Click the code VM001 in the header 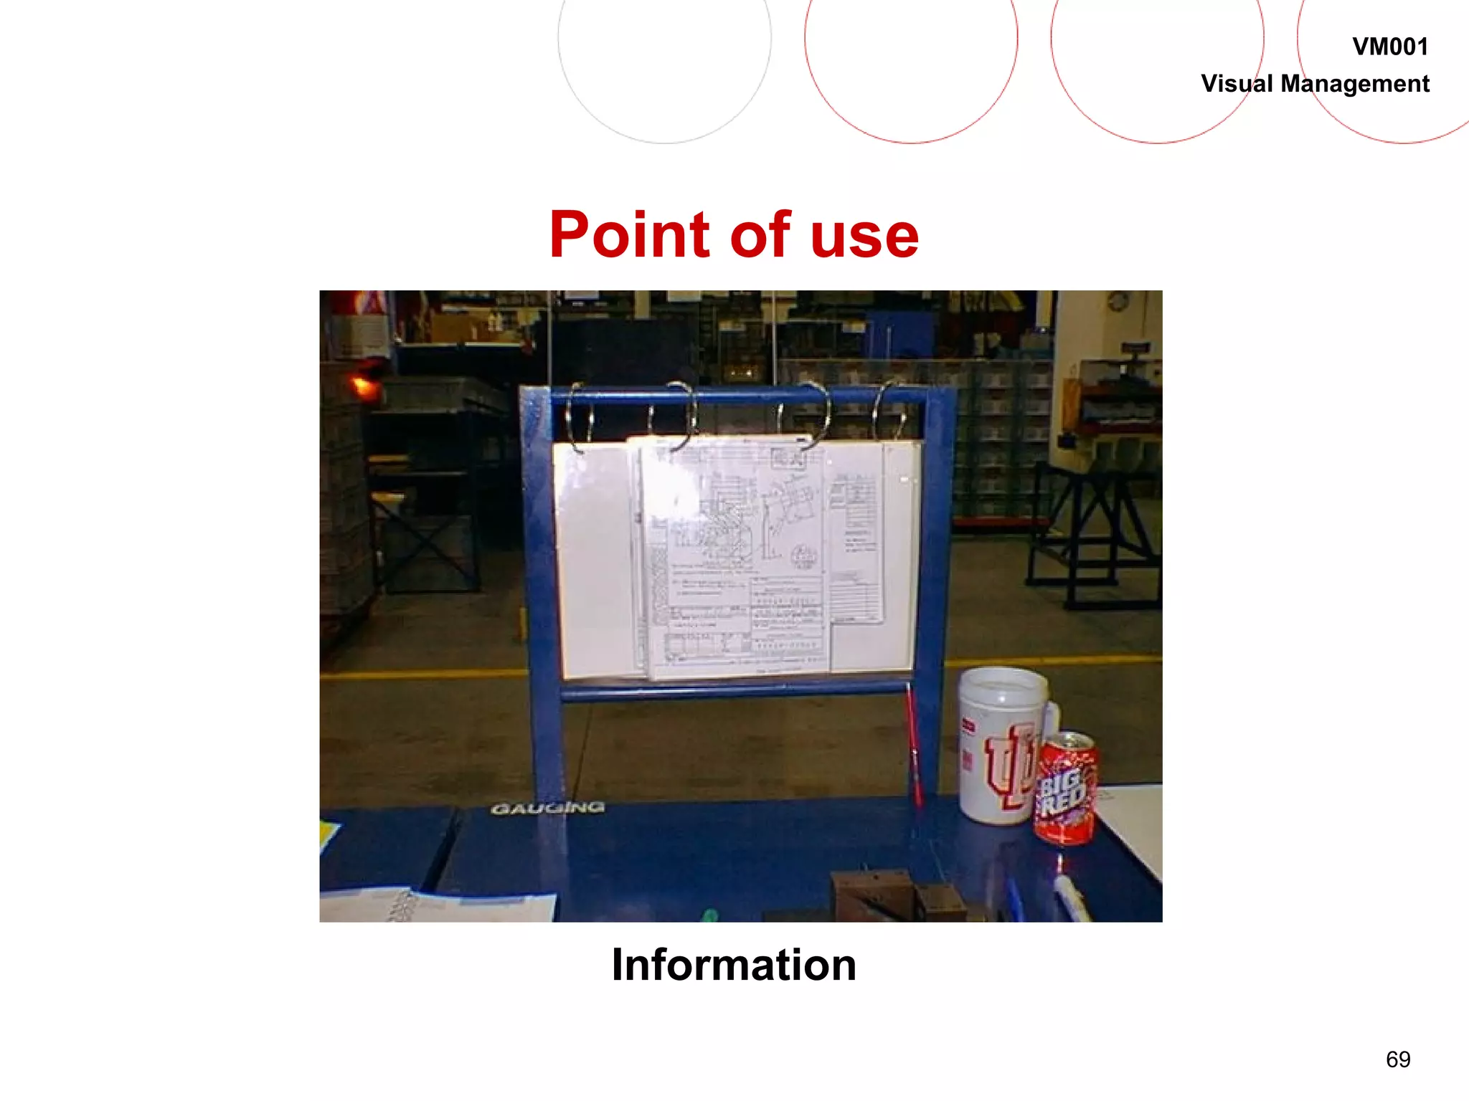(x=1389, y=47)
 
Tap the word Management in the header (x=1355, y=84)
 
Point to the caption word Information (x=734, y=965)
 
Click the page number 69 (x=1398, y=1059)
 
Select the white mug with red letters (x=1001, y=745)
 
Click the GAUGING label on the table (x=548, y=809)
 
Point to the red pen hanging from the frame (x=913, y=745)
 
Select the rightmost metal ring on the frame (x=887, y=412)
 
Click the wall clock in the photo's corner (x=1117, y=302)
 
